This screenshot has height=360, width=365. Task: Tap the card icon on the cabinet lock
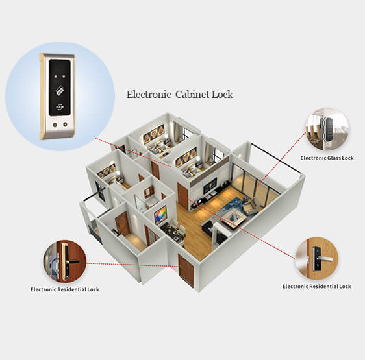60,91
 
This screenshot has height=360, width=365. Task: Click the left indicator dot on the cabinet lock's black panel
55,77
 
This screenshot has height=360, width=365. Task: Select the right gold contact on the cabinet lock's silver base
66,125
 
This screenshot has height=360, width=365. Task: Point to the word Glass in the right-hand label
334,158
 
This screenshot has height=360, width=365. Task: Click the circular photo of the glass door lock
327,130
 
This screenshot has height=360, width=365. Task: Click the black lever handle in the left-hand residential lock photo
71,262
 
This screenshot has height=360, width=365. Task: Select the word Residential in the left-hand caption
72,289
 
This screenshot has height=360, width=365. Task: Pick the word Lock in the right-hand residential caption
345,286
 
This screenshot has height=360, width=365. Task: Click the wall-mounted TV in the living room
210,185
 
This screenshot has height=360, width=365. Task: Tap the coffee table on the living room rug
233,217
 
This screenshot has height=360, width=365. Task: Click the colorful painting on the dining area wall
160,215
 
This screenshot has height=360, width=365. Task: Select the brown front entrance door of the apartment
186,270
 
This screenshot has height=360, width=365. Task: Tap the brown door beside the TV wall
182,195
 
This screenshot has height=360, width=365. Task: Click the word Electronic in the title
149,95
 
